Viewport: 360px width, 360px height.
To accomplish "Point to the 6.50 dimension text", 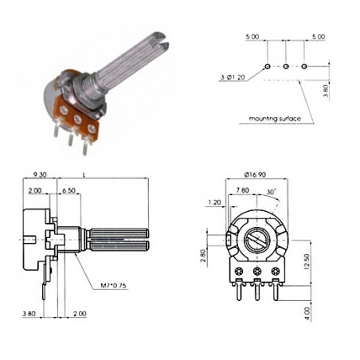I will pos(69,192).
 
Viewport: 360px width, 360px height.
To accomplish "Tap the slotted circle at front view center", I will pos(256,237).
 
